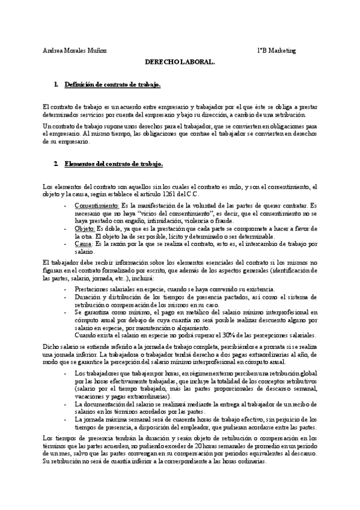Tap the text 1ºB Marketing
coord(272,51)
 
